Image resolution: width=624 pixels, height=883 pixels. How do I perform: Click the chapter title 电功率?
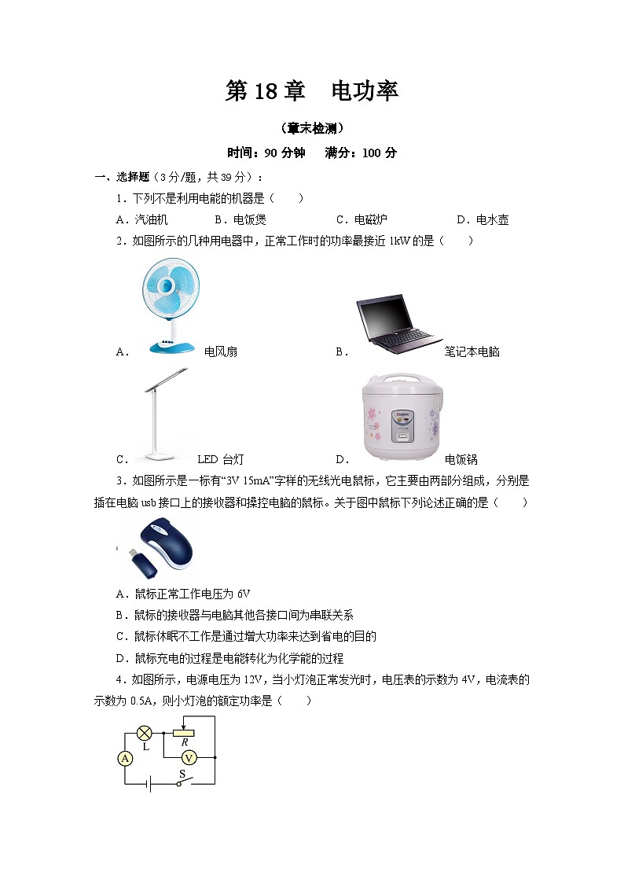pos(365,90)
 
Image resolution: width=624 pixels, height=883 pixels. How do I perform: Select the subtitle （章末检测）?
pos(312,128)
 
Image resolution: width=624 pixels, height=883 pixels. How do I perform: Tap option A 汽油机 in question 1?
pos(141,219)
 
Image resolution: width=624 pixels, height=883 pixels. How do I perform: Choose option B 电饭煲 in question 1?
pos(240,219)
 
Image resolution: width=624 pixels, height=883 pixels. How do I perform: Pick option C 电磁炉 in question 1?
pos(362,219)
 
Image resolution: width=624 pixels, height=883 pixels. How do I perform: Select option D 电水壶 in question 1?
pos(483,219)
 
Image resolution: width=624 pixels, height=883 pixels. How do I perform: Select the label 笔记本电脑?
pos(472,352)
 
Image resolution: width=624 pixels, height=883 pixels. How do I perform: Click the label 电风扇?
pos(221,352)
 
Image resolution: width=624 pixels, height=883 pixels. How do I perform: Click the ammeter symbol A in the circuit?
pos(125,759)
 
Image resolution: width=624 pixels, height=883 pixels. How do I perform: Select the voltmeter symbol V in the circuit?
pos(189,758)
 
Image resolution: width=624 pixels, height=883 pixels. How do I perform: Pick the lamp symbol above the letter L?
pos(145,733)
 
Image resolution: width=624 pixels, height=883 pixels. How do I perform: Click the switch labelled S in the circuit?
pos(184,782)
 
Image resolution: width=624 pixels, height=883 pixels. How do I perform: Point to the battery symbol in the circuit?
pos(149,784)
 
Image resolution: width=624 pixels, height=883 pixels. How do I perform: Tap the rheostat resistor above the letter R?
pos(183,733)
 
